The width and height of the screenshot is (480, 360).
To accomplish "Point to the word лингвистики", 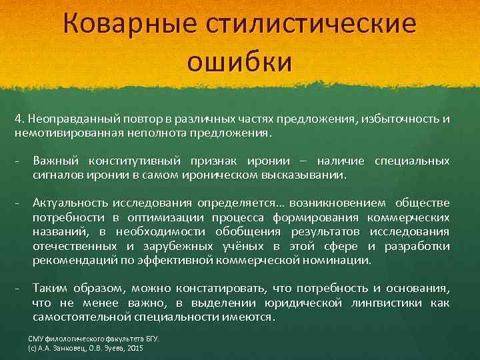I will [387, 303].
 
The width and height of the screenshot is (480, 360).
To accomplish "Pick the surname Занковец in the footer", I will [63, 348].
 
